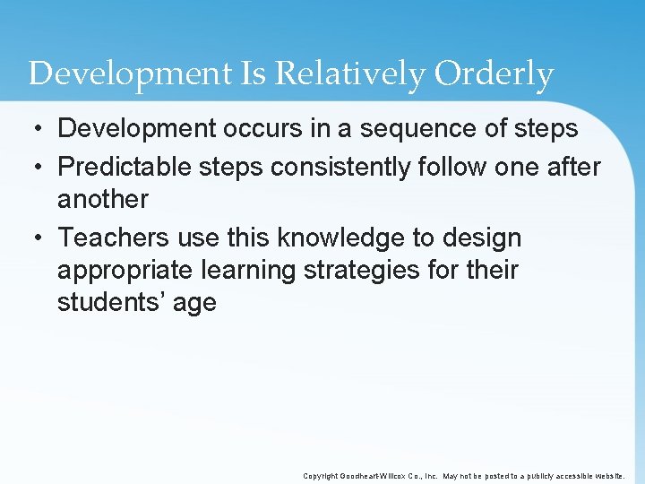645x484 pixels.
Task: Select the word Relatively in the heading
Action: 352,74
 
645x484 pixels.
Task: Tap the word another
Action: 102,200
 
